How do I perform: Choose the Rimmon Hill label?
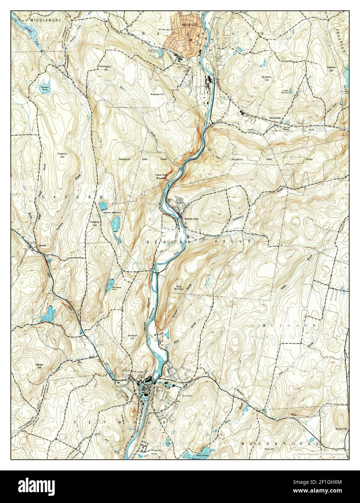point(133,338)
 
